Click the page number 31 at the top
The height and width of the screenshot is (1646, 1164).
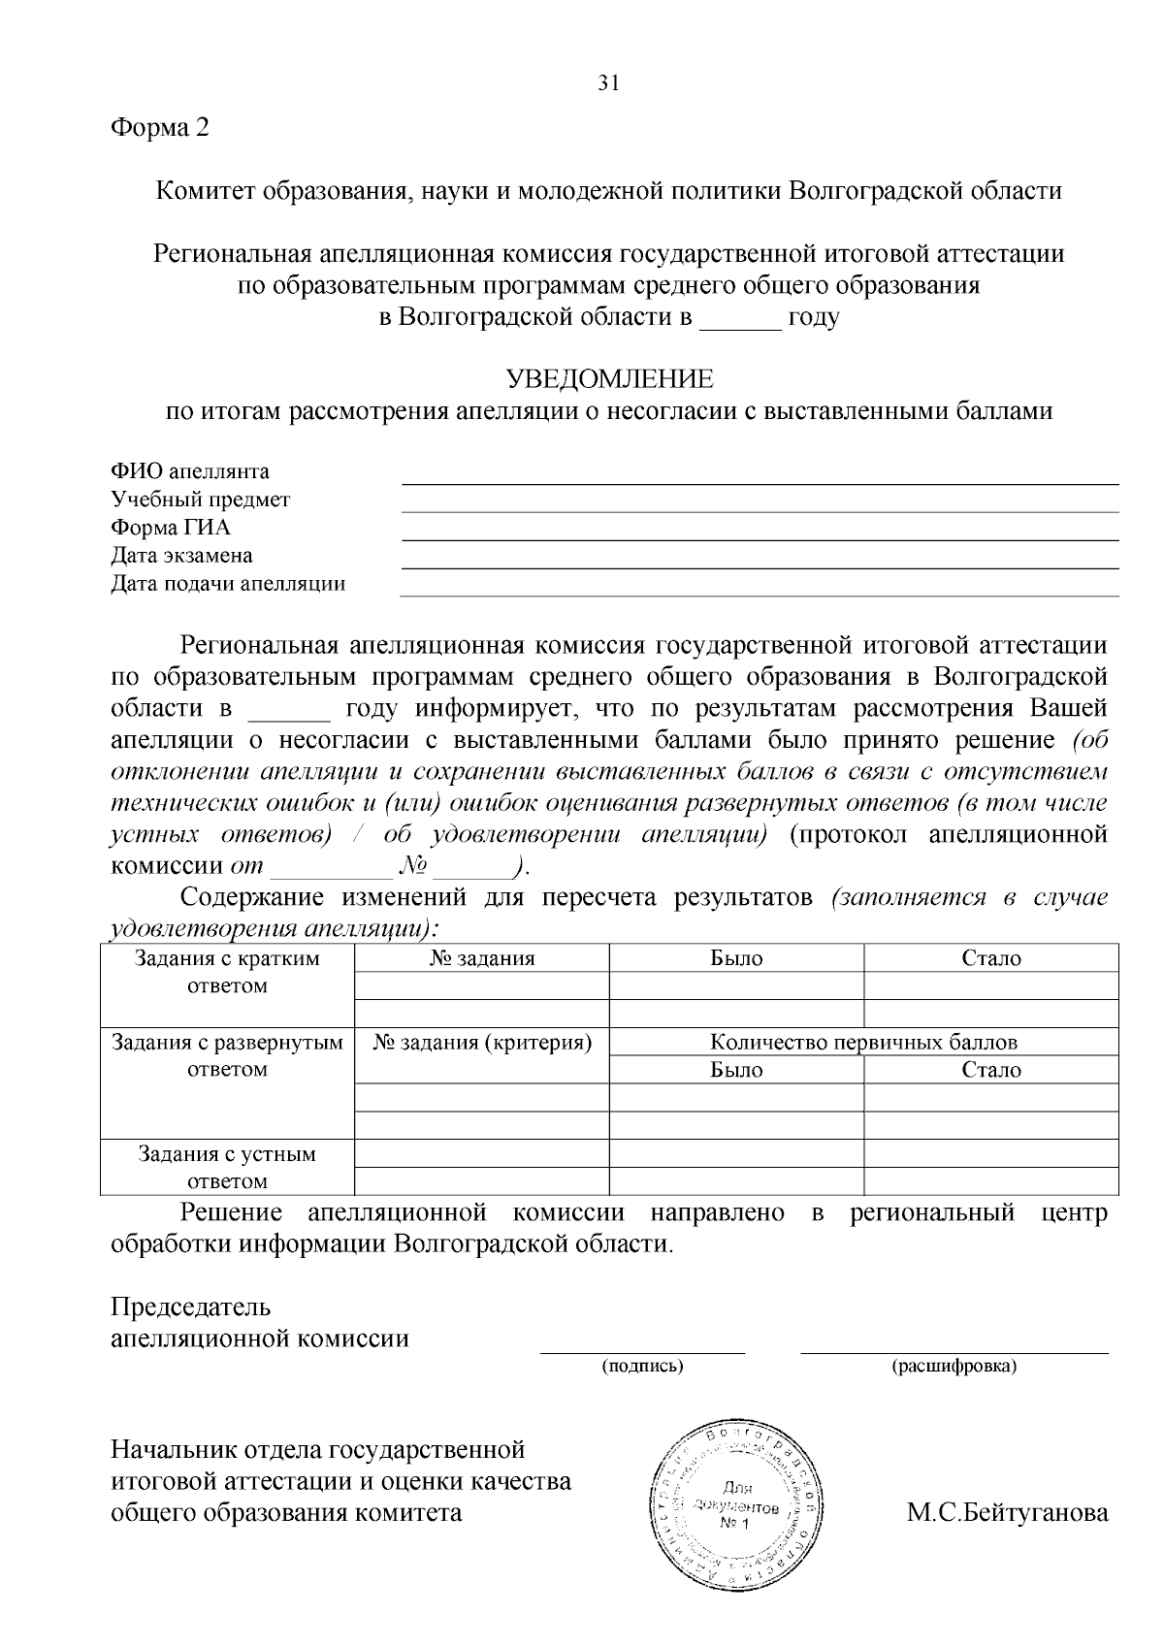(x=608, y=83)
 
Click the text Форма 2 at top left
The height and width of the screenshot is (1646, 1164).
(x=160, y=127)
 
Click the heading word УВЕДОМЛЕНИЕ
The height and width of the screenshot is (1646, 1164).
(x=609, y=378)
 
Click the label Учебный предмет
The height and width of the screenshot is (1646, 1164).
(x=200, y=500)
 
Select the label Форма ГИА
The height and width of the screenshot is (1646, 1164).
(x=171, y=529)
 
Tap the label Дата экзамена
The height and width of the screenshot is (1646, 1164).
(x=181, y=556)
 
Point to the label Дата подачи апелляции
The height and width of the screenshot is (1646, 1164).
(x=228, y=584)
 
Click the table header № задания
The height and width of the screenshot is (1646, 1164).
(x=482, y=958)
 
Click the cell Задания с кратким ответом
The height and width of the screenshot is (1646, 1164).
(x=227, y=972)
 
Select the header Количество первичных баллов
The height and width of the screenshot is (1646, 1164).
(x=863, y=1043)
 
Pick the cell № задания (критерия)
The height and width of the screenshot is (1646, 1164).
(x=482, y=1043)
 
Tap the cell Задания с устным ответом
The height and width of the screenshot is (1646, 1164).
(x=227, y=1168)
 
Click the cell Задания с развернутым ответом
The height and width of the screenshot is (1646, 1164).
(x=227, y=1056)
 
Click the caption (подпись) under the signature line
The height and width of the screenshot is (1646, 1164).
(x=642, y=1367)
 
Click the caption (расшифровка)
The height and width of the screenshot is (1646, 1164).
(x=954, y=1367)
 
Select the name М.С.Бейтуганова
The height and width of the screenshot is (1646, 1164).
(x=1007, y=1513)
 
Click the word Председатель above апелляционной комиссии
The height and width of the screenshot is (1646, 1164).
(x=191, y=1307)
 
